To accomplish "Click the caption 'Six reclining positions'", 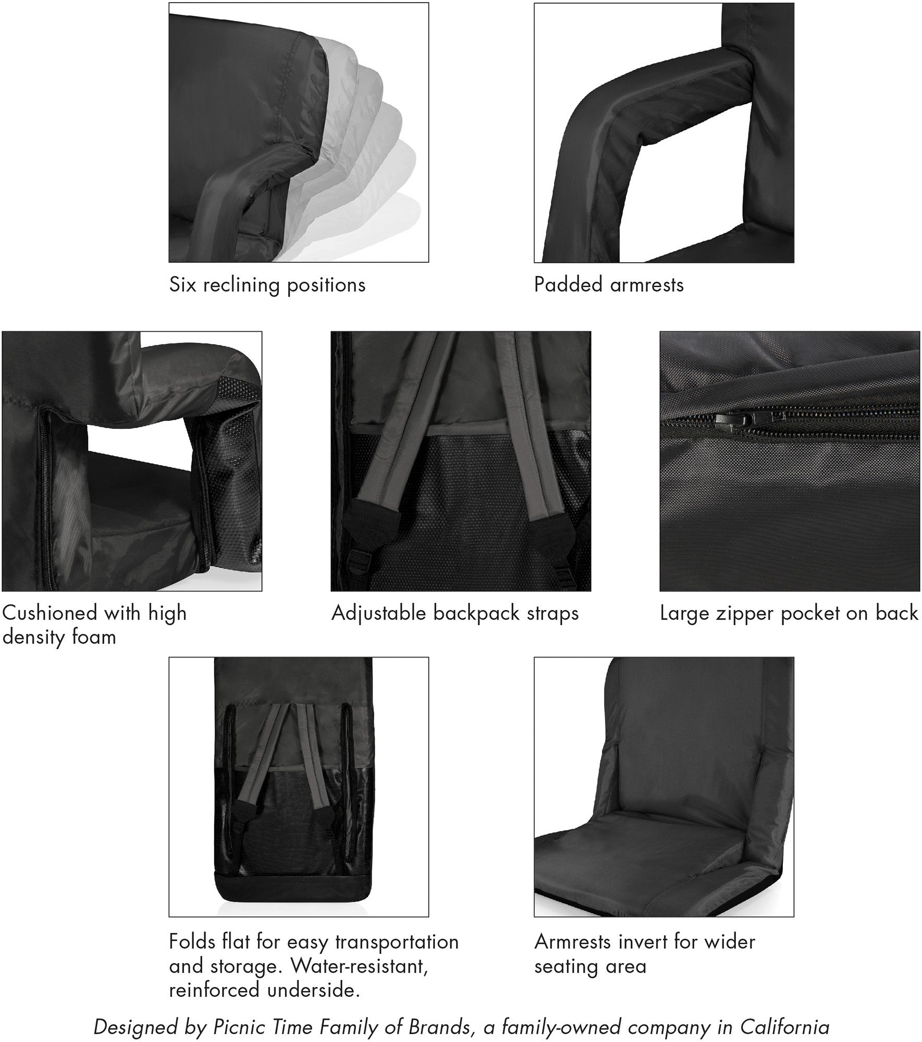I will click(x=267, y=285).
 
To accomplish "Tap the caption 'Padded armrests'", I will click(x=608, y=285).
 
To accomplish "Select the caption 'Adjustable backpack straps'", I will click(x=454, y=613).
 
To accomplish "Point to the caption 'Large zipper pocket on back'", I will click(x=789, y=613).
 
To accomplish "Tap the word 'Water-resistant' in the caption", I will click(x=360, y=966).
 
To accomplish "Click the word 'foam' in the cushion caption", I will click(x=94, y=637).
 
